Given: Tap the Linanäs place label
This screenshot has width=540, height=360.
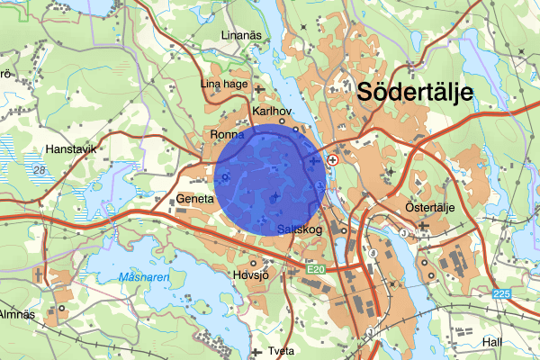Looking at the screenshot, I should click(x=243, y=36).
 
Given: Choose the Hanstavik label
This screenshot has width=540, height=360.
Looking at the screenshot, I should click(x=69, y=150).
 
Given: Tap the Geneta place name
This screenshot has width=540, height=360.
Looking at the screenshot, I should click(x=195, y=198).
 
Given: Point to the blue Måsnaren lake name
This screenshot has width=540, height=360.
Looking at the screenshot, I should click(x=143, y=278).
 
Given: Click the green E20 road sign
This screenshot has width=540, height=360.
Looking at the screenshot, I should click(x=313, y=268).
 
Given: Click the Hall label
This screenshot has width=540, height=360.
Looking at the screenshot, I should click(x=491, y=342).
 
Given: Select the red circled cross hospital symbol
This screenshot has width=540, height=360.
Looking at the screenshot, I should click(x=333, y=159).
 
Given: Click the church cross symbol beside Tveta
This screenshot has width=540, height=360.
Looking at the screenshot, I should click(x=258, y=351).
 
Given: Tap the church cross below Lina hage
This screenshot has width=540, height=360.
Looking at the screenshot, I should click(x=259, y=90).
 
